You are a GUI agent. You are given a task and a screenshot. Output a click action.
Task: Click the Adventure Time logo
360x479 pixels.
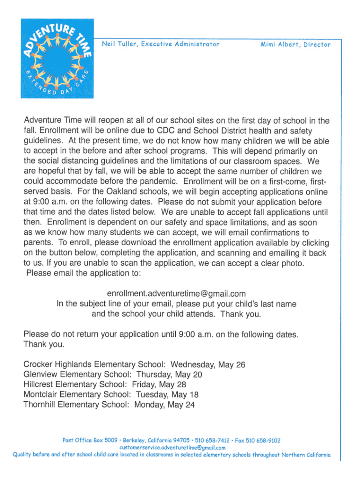click(x=57, y=58)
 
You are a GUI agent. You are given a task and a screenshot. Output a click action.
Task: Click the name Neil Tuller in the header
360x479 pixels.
click(x=117, y=44)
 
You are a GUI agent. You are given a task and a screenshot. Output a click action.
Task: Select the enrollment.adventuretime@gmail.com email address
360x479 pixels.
click(x=176, y=294)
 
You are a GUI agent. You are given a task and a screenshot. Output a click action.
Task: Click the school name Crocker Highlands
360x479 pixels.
click(x=58, y=364)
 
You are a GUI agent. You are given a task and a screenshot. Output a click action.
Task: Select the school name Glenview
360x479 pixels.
click(x=38, y=375)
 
